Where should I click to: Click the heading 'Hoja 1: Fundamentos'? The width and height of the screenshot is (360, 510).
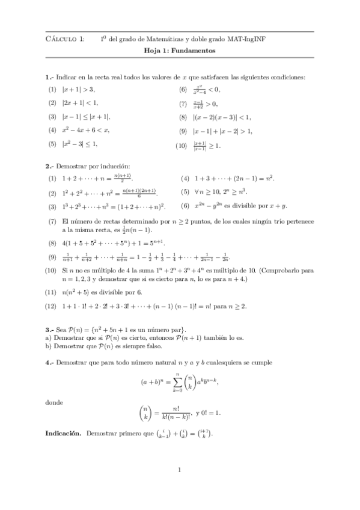[x=180, y=51]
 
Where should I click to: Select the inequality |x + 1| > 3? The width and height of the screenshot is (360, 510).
[x=79, y=89]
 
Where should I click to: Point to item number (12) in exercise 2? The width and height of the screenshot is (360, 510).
[x=52, y=306]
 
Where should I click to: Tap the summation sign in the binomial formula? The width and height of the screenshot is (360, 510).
[x=176, y=382]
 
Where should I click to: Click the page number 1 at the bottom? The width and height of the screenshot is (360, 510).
[x=180, y=471]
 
